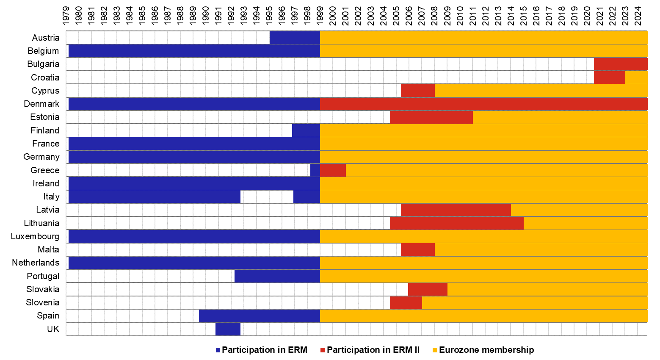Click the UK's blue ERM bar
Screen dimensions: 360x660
tap(228, 329)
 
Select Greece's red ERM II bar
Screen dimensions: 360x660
tap(333, 170)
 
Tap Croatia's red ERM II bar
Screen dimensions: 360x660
tap(609, 78)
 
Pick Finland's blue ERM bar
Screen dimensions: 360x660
tap(306, 130)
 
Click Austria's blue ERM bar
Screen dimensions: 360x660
tap(294, 38)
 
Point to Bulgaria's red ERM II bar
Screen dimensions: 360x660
tap(620, 64)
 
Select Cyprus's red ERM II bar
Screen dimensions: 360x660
tap(417, 91)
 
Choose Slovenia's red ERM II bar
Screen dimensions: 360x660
tap(406, 302)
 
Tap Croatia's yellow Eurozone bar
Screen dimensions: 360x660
tap(636, 78)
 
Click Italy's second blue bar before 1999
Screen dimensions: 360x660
tap(306, 197)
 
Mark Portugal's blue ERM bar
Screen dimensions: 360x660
tap(277, 276)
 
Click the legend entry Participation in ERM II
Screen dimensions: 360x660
tap(373, 350)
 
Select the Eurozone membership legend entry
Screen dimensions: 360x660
tap(486, 350)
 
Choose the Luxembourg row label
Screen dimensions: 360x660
tap(35, 236)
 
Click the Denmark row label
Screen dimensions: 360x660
tap(41, 104)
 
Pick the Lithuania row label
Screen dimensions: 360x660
tap(41, 223)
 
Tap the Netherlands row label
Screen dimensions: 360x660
tap(36, 263)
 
